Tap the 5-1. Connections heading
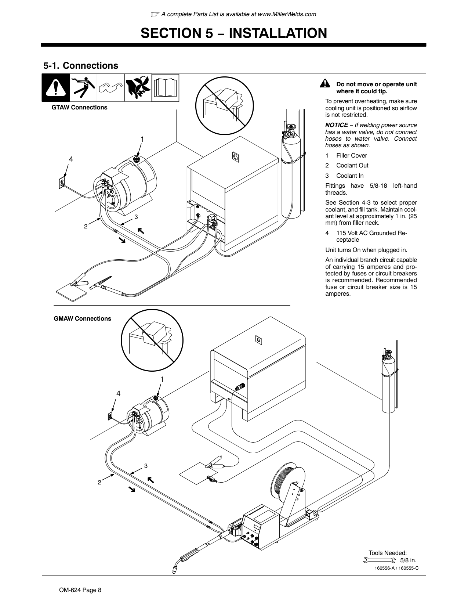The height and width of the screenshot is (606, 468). pos(81,65)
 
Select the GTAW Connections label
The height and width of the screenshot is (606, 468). pos(79,107)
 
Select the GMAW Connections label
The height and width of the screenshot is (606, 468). pos(83,318)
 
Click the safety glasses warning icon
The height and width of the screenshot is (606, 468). pos(110,87)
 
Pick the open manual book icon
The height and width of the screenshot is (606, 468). pos(165,87)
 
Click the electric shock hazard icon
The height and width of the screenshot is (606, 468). pos(83,87)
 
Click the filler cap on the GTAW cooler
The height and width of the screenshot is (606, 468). pos(136,159)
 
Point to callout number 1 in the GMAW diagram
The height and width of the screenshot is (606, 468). pos(162,379)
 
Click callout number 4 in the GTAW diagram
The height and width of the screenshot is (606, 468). pos(71,159)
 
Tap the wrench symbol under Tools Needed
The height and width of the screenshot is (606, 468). pos(380,560)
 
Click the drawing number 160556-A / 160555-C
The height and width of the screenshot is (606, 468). pos(396,568)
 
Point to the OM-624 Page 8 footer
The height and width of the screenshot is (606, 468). pos(80,590)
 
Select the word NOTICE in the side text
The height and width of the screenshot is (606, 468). pos(337,125)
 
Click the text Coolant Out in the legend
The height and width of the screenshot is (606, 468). pos(352,166)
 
